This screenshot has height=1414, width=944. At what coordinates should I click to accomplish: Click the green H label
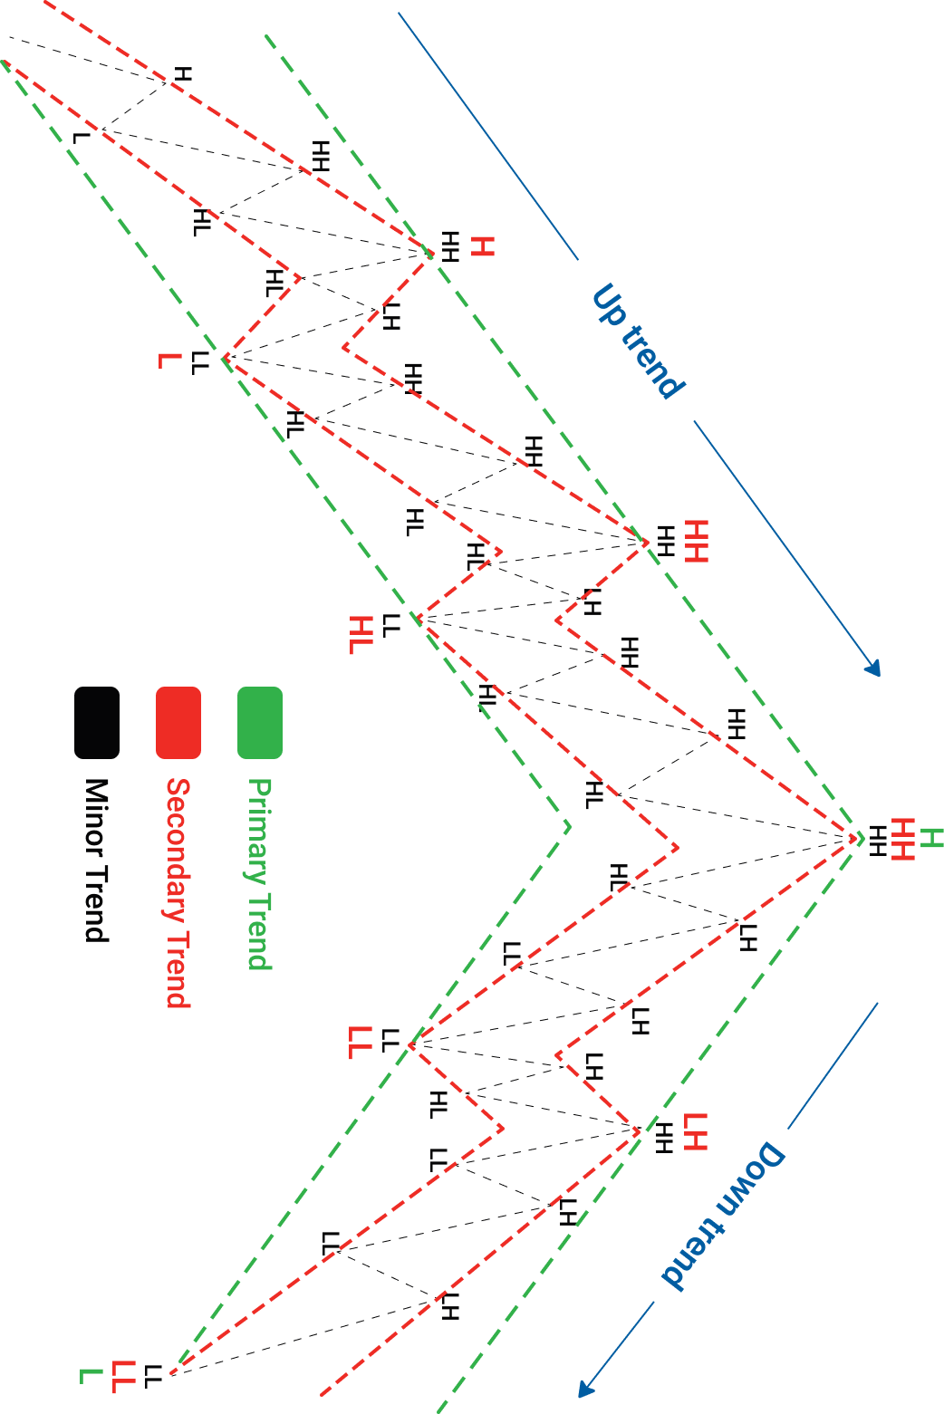(931, 838)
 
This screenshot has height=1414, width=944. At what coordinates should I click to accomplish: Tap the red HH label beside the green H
(902, 839)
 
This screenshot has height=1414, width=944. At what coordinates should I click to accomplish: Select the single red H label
(483, 246)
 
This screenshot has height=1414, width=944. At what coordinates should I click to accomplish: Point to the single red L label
(169, 361)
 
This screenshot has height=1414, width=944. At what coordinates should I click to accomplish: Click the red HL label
(361, 634)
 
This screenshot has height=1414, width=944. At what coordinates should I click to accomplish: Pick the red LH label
(695, 1131)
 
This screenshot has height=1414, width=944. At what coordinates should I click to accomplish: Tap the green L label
(91, 1376)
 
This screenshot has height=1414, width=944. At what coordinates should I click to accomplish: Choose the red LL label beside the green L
(123, 1376)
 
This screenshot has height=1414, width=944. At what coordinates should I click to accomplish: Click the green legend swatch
(260, 722)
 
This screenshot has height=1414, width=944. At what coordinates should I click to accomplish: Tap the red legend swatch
(178, 722)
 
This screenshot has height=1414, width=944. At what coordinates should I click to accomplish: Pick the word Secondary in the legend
(178, 849)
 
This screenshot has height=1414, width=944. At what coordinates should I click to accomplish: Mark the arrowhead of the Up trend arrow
(873, 669)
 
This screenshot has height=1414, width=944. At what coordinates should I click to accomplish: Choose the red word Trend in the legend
(178, 968)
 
